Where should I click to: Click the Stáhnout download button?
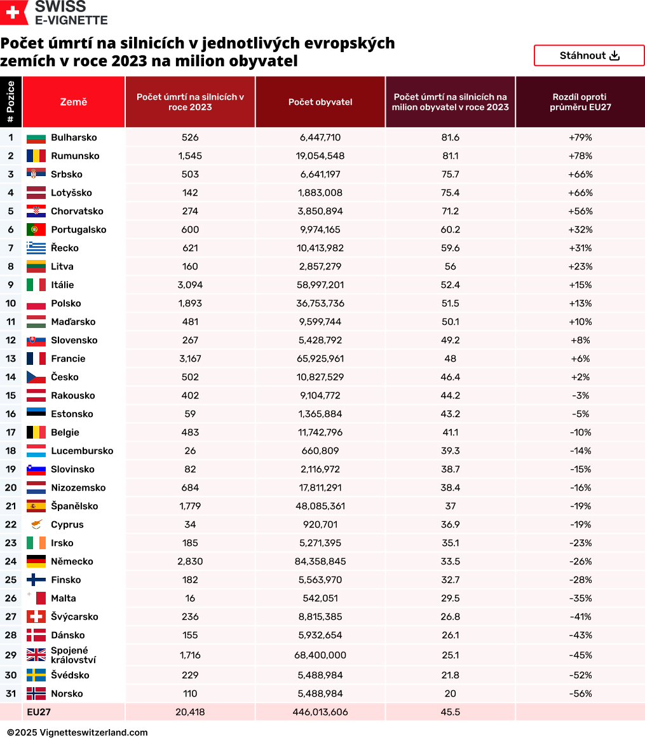[x=589, y=56]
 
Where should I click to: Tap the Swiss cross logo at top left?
[x=14, y=13]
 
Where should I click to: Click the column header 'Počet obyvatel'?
[x=320, y=102]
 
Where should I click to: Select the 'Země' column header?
[x=74, y=102]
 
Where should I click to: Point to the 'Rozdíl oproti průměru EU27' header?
[x=580, y=102]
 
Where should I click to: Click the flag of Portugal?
[x=36, y=229]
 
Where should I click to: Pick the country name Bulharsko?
[x=74, y=137]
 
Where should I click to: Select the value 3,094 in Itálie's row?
[x=190, y=285]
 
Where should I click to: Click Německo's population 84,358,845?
[x=320, y=561]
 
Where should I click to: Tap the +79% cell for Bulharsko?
[x=580, y=137]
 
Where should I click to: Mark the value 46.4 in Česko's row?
[x=450, y=377]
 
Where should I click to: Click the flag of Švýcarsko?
[x=36, y=617]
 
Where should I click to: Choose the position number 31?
[x=11, y=694]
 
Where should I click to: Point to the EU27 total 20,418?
[x=190, y=712]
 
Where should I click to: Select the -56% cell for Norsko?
[x=580, y=694]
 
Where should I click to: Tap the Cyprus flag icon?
[x=36, y=524]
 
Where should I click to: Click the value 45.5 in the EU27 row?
[x=450, y=712]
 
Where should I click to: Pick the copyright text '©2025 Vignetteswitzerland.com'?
[x=78, y=732]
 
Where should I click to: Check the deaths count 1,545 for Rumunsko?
[x=190, y=156]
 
